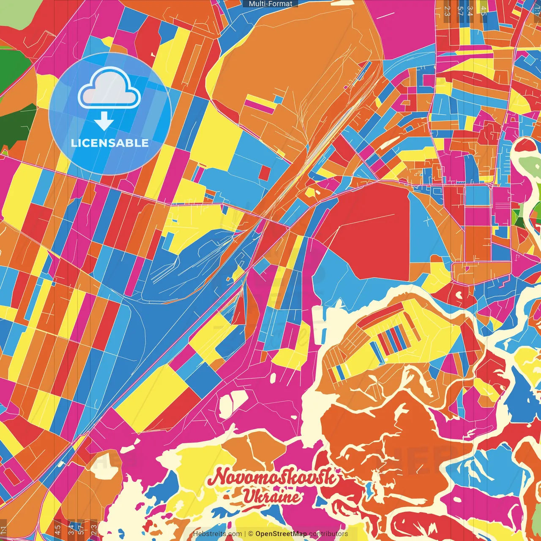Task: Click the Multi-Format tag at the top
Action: [x=270, y=4]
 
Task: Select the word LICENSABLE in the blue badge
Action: [x=110, y=143]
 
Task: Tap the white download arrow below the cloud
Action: [x=104, y=121]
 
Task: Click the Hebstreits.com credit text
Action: [x=217, y=534]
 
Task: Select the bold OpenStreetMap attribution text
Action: [x=281, y=534]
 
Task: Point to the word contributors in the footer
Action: [x=328, y=534]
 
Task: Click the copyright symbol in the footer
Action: [x=251, y=534]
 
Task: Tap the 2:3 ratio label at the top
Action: [x=447, y=11]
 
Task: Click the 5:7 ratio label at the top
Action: [x=460, y=11]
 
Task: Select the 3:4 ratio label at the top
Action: [x=470, y=11]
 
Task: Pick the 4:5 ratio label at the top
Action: [x=483, y=11]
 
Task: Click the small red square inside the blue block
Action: [x=265, y=173]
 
